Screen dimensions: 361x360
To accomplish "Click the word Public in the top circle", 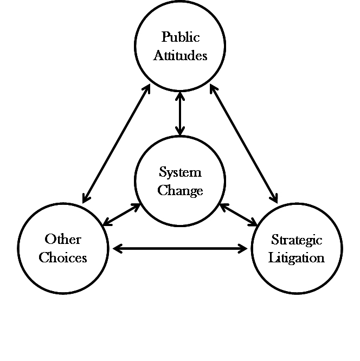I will pos(181,37).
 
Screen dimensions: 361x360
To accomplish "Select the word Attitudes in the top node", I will pos(180,55).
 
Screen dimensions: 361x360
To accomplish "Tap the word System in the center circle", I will pos(180,172).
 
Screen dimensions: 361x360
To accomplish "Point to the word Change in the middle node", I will pos(180,191).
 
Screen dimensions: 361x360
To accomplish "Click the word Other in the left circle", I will pos(63,239).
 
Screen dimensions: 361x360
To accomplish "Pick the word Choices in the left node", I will pos(63,257).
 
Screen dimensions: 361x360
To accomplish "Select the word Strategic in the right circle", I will pos(297,240).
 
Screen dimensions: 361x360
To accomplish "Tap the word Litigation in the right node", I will pos(297,257).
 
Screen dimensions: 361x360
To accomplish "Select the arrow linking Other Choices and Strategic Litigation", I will pos(180,249).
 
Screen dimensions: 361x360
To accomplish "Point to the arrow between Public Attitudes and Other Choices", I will pos(116,144).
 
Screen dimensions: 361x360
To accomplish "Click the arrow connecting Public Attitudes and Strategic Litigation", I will pos(244,144).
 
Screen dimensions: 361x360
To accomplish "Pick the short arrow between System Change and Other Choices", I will pos(121,215).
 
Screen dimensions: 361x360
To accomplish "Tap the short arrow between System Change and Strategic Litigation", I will pos(238,215).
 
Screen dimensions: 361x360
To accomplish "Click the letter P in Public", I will pos(165,37).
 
